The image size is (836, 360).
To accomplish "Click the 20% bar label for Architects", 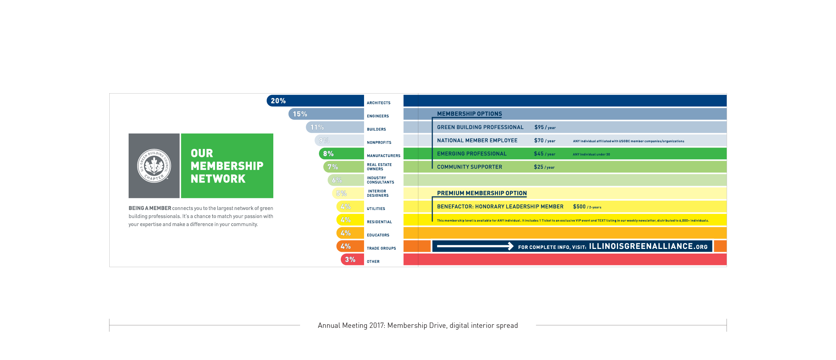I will pos(278,101).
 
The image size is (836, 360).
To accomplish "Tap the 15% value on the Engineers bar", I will pos(300,114).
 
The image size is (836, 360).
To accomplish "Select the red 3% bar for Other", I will pos(352,260).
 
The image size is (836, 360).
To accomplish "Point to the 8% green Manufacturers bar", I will pos(341,154).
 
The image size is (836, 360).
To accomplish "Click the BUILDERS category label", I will pos(376,129).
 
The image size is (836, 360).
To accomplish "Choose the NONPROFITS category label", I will pos(379,142).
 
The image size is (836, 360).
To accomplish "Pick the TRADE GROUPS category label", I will pos(381,248).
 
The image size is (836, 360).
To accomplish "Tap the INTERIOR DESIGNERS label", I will pos(378,193).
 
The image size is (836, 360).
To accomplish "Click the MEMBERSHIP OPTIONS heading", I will pos(469,114).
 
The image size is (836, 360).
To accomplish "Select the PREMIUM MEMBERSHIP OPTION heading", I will pos(482,193).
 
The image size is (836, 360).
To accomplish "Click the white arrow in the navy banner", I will pos(475,246).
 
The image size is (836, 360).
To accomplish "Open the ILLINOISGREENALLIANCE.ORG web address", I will pos(648,246).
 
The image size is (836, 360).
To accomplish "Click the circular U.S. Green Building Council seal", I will pos(154,166).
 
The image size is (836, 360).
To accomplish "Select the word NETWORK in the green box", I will pos(218,179).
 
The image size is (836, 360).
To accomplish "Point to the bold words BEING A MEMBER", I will pos(150,208).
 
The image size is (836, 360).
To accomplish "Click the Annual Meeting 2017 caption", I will pos(418,325).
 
